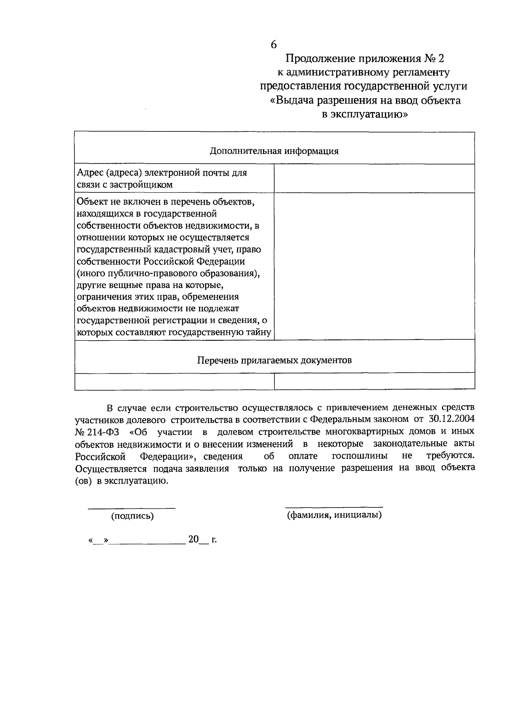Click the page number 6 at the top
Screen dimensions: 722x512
[x=273, y=44]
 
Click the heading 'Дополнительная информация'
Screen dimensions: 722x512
[x=274, y=151]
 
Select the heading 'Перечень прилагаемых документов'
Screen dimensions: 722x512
[x=274, y=360]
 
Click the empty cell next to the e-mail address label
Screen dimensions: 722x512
[x=374, y=178]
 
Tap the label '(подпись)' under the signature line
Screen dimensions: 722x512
[x=132, y=516]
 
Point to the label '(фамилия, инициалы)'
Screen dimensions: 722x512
[x=334, y=515]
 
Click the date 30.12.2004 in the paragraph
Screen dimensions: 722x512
[x=451, y=419]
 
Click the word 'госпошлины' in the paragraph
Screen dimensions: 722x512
[x=360, y=456]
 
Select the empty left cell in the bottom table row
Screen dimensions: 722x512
[x=174, y=381]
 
